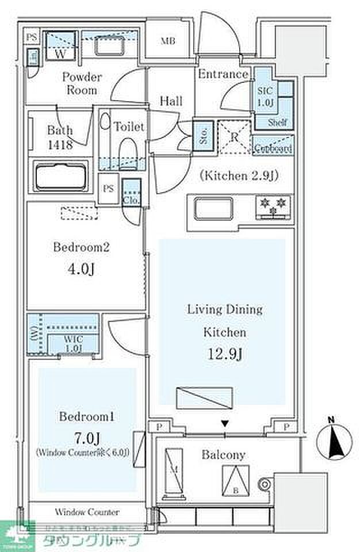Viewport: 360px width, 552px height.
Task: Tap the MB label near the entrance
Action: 168,41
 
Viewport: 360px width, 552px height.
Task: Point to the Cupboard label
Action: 273,148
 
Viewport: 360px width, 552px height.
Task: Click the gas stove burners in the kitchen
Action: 273,208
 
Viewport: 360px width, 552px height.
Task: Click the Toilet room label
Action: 129,126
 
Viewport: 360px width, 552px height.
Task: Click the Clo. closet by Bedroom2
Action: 131,194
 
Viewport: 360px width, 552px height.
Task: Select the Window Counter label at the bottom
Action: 87,512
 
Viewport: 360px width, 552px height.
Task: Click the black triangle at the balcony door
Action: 225,424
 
